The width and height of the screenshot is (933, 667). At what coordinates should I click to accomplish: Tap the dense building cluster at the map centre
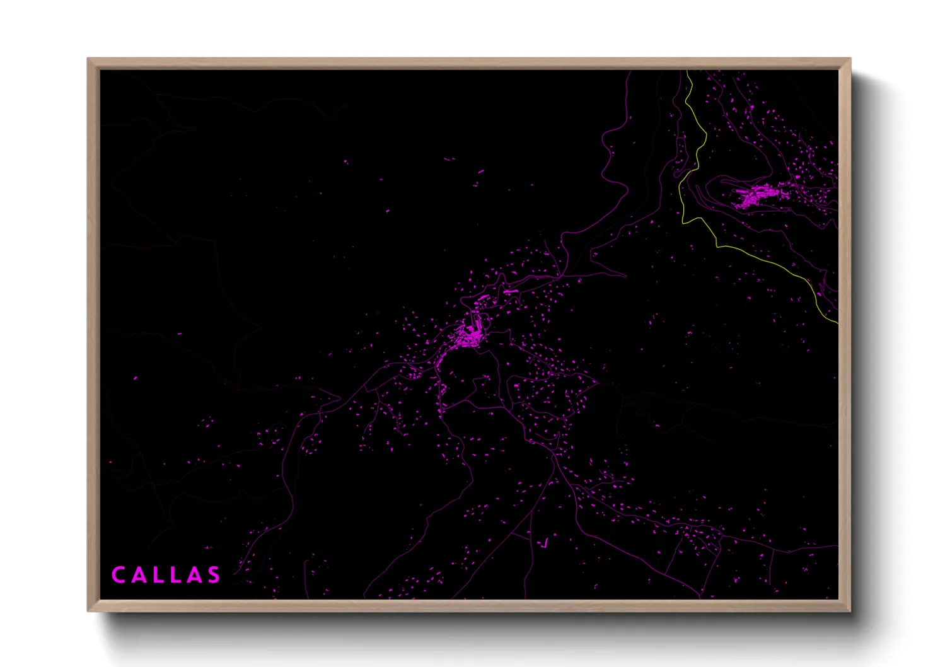470,334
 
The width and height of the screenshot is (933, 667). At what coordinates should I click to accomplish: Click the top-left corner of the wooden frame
89,59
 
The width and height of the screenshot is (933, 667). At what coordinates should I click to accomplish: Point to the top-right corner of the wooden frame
849,59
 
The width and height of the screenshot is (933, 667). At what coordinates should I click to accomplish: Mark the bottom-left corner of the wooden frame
89,610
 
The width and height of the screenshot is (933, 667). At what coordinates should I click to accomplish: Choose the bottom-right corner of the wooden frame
849,610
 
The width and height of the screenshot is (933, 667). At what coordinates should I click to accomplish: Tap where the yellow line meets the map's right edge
837,323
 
